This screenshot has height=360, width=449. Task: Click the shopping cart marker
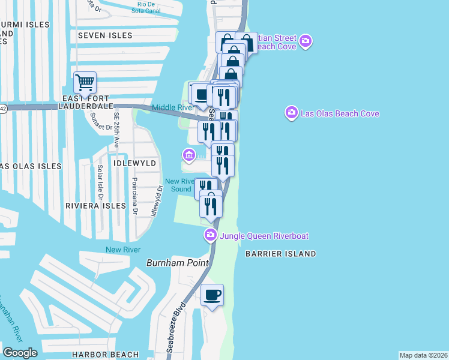pyautogui.click(x=85, y=83)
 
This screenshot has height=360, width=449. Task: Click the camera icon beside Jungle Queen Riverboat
pyautogui.click(x=211, y=235)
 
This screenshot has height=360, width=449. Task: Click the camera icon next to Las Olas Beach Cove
pyautogui.click(x=292, y=113)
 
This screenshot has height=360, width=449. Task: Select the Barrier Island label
pyautogui.click(x=280, y=254)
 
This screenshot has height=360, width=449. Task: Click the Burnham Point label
pyautogui.click(x=178, y=263)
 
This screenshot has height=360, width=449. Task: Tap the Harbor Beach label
pyautogui.click(x=105, y=355)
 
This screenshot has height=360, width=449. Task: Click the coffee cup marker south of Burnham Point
pyautogui.click(x=212, y=295)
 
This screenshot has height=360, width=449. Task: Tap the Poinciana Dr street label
pyautogui.click(x=134, y=196)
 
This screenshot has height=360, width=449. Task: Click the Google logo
pyautogui.click(x=20, y=353)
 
